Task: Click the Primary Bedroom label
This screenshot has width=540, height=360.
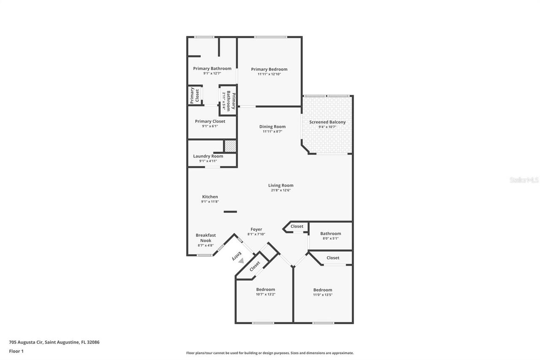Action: (269, 69)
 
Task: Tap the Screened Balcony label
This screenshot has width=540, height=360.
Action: (327, 122)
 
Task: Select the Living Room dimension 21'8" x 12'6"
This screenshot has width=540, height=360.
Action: (281, 190)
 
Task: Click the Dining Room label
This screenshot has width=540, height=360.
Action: (272, 127)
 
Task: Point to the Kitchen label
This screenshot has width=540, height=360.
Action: (210, 197)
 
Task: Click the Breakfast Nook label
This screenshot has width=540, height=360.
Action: (205, 238)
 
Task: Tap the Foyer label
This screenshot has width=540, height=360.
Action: (256, 230)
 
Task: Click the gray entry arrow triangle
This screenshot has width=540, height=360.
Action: (241, 261)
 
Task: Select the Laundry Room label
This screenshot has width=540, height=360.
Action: (208, 156)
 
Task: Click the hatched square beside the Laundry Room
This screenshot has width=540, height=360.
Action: (230, 146)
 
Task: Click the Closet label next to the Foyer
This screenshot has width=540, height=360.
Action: (297, 226)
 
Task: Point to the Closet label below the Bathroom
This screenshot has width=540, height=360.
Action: (333, 258)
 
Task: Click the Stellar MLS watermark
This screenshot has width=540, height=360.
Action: (524, 180)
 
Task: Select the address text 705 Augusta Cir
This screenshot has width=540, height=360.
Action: (54, 342)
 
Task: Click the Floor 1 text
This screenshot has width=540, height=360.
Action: (16, 351)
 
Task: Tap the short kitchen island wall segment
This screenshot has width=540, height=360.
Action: (230, 211)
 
